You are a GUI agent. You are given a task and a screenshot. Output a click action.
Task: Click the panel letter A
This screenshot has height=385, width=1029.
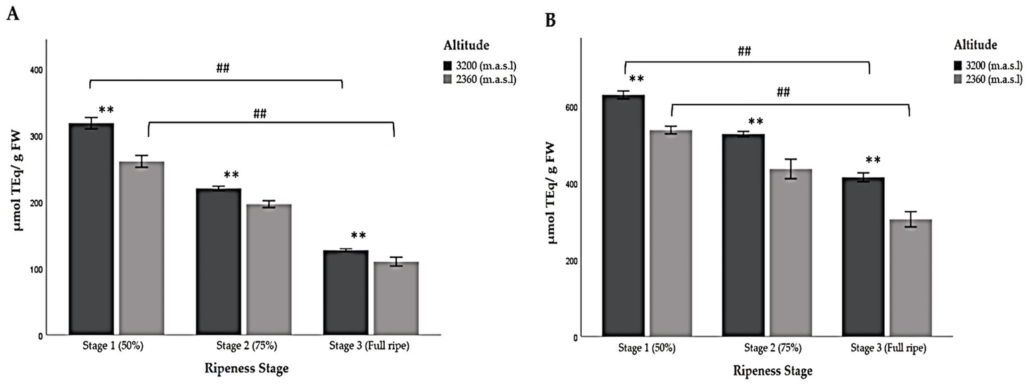[11, 14]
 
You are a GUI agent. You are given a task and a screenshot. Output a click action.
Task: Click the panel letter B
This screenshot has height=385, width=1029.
[550, 21]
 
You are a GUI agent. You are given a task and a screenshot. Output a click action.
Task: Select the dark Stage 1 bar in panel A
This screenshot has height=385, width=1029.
[91, 228]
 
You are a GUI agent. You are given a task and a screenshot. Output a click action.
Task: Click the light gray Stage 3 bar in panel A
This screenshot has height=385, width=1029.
[396, 298]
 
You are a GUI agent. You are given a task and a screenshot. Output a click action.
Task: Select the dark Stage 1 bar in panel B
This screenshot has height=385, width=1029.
[623, 215]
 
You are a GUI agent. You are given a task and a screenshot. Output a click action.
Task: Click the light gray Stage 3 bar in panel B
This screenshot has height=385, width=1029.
[910, 278]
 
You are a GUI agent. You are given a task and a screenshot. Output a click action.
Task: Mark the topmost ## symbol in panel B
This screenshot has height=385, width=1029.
[744, 51]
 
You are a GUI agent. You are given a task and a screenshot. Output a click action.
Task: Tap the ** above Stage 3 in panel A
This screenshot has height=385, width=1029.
[359, 236]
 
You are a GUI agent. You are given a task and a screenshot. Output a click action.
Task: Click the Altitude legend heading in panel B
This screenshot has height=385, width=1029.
[976, 45]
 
